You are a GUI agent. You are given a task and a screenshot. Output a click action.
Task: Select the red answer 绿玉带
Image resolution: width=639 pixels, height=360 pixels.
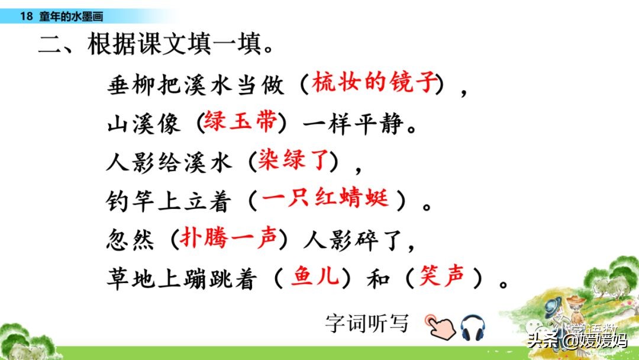click(x=240, y=123)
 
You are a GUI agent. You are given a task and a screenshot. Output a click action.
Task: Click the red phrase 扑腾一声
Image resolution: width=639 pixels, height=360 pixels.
click(x=228, y=238)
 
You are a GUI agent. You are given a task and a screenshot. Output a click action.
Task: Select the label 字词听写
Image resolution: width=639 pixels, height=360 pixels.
click(x=367, y=323)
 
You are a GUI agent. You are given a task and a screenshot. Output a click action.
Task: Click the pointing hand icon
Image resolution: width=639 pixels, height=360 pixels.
click(x=441, y=325)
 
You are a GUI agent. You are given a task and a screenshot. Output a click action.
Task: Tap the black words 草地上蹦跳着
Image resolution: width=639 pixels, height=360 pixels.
click(x=181, y=278)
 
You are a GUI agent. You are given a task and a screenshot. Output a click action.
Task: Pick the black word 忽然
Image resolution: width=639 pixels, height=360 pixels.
click(x=130, y=239)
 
